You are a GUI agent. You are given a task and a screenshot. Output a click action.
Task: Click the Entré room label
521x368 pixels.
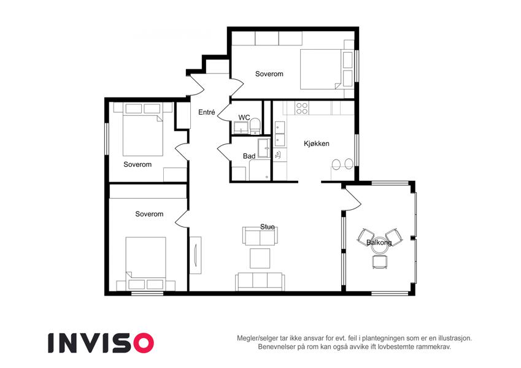point(207,112)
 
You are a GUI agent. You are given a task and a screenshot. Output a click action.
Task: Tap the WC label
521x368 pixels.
point(244,118)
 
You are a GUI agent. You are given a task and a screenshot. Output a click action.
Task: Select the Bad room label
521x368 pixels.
point(249,156)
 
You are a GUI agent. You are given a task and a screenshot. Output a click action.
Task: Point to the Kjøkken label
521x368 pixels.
point(317,144)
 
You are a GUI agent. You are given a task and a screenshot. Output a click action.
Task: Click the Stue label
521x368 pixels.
point(268,227)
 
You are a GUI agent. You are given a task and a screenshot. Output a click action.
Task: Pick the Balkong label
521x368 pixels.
point(379,242)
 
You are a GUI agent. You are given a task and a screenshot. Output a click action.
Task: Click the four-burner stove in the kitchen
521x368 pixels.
point(302,109)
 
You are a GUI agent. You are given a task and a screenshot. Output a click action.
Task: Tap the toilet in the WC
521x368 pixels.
point(255,126)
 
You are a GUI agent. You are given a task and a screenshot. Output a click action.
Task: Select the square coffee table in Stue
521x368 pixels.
point(260,258)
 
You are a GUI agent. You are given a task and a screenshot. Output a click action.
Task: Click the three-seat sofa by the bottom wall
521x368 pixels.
point(260,282)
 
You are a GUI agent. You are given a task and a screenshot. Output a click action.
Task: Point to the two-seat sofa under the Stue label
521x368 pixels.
point(260,236)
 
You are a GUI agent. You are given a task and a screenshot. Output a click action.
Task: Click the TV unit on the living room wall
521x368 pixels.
point(195,255)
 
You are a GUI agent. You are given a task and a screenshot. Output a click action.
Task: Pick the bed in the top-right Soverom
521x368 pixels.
point(326,69)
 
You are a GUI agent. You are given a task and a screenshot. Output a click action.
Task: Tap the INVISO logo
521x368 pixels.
point(101,343)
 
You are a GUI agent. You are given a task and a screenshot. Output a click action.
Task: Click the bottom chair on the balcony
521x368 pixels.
point(379,261)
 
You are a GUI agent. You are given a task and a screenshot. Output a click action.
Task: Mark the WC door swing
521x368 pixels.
point(224,113)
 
